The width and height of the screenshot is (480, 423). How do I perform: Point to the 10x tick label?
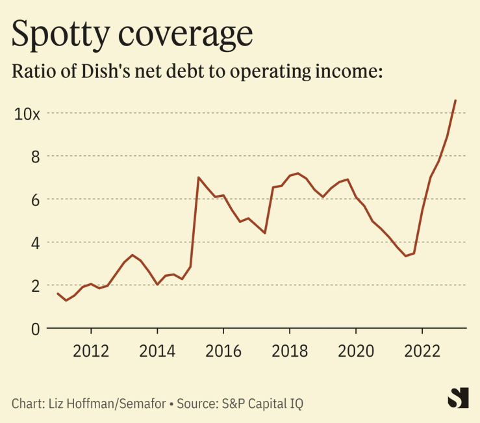(x=28, y=114)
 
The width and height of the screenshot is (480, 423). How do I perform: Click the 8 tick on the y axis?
(x=34, y=157)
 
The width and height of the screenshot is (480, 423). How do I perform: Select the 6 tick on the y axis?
(x=34, y=199)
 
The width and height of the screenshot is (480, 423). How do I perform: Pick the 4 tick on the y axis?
(x=34, y=242)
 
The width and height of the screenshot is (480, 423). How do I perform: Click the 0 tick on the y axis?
(x=34, y=328)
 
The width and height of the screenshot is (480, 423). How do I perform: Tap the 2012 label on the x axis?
(x=90, y=352)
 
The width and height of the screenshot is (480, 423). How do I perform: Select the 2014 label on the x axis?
(x=157, y=352)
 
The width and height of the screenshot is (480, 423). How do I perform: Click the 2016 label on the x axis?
(x=223, y=352)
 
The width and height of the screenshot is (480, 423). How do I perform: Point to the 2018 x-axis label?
(x=290, y=352)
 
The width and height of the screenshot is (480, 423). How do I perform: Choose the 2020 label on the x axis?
(x=356, y=352)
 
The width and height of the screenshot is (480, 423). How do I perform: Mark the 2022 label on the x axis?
(x=422, y=352)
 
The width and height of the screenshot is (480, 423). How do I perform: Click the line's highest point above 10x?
(x=455, y=100)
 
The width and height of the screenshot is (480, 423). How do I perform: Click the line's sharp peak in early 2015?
(x=198, y=177)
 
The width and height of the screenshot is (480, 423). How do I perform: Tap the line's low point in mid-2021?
(x=405, y=256)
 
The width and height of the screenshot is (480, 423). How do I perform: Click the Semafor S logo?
(x=459, y=398)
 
